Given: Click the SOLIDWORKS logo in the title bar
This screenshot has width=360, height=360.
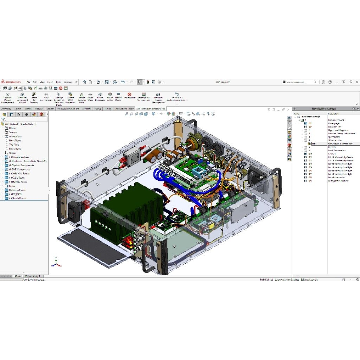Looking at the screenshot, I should [11, 82].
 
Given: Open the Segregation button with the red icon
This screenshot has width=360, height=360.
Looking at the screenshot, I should [129, 96].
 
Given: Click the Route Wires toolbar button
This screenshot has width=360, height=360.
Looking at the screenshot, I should [90, 96].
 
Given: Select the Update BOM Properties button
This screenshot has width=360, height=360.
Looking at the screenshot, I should [70, 97].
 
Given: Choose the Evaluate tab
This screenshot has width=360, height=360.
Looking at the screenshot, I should [50, 109].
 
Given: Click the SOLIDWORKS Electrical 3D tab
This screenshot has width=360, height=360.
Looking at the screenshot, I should [150, 109].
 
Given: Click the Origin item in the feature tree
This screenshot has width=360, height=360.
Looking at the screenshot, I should [12, 153].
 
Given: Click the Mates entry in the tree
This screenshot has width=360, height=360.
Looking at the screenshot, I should [12, 186].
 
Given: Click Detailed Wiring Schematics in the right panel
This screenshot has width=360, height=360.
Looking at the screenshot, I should [341, 134].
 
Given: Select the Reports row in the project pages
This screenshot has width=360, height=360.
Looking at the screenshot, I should [332, 147].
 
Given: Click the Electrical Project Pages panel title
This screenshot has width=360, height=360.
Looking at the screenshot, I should [324, 109].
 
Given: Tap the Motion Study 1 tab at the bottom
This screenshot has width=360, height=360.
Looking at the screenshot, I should [32, 276].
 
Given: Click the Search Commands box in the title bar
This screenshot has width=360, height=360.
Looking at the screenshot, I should [299, 82].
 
